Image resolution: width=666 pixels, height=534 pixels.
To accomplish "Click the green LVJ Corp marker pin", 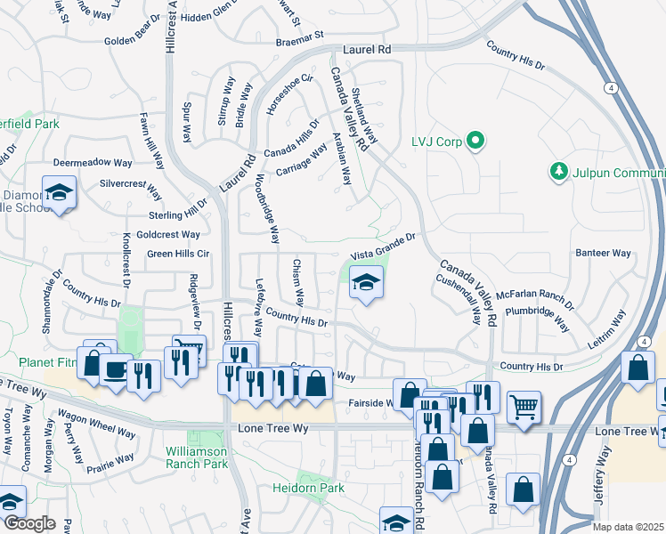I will coord(475,140).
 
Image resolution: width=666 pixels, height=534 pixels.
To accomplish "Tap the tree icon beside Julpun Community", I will coord(558,170).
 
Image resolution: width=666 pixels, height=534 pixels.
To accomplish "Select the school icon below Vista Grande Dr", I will coord(365,284).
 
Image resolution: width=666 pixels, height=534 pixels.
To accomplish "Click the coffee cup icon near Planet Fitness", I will coord(115,370).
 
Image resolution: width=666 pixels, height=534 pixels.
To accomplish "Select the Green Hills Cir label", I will coord(178,254).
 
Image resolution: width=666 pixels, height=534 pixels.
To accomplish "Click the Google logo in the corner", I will coord(28,523).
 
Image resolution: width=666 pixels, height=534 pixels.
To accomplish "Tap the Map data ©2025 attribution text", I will coord(629,527).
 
